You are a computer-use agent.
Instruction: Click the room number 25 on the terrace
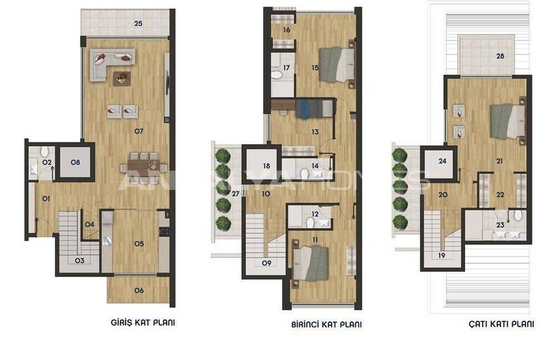click(138, 24)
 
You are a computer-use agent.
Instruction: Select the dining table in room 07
click(144, 166)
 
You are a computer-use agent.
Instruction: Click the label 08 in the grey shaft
click(75, 162)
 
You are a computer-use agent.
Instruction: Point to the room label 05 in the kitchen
click(139, 243)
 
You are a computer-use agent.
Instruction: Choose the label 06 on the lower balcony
click(139, 291)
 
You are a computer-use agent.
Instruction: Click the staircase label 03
click(79, 261)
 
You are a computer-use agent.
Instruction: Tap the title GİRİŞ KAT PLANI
click(143, 323)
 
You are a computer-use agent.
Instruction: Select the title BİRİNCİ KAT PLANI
click(326, 324)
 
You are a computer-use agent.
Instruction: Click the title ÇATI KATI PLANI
click(501, 324)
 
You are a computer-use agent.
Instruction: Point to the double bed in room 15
click(337, 65)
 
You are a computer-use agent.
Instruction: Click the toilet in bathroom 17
click(277, 75)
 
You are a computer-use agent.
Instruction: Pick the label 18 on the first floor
click(267, 166)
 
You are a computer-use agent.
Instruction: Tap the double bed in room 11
click(310, 263)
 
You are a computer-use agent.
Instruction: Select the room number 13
click(315, 132)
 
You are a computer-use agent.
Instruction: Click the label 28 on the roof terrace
click(500, 56)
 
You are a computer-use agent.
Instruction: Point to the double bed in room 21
click(508, 121)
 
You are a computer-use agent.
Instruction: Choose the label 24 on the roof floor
click(442, 161)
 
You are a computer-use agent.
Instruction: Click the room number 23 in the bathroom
click(500, 225)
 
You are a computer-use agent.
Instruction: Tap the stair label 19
click(442, 255)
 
